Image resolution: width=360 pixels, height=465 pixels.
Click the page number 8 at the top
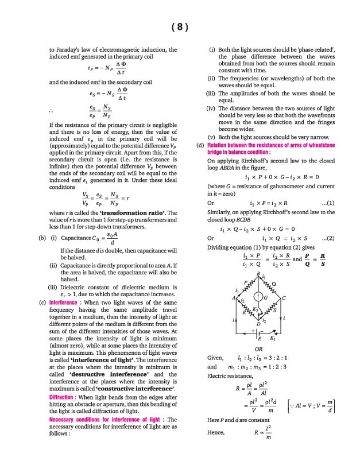click(180, 27)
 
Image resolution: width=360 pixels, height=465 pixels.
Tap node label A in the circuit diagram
click(234, 297)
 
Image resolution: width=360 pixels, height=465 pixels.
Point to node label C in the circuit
click(284, 297)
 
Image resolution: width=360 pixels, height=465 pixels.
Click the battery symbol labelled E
click(258, 333)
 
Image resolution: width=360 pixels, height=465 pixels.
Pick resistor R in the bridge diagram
click(246, 311)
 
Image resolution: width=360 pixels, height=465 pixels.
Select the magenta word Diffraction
click(63, 397)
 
